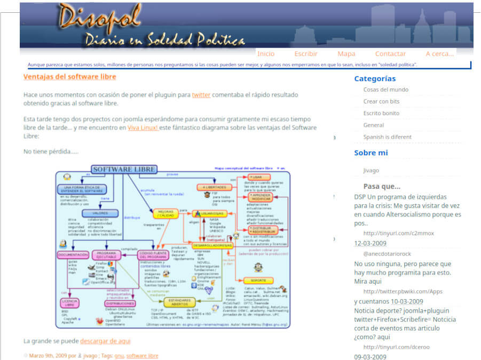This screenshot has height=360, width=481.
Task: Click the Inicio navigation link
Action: click(266, 54)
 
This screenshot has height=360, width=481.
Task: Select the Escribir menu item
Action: click(306, 54)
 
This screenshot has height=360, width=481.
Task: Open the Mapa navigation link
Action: click(346, 54)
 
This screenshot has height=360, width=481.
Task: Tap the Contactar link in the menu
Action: click(390, 54)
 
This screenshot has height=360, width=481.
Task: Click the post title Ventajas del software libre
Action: click(69, 77)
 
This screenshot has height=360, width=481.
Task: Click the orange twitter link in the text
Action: click(201, 95)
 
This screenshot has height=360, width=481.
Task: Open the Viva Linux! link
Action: click(143, 128)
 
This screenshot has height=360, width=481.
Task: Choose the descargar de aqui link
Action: click(105, 341)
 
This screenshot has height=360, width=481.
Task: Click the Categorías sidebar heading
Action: click(375, 79)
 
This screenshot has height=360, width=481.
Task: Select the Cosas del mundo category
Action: click(385, 90)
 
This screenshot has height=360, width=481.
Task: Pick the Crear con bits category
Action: click(381, 101)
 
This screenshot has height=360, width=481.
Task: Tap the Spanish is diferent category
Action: click(387, 137)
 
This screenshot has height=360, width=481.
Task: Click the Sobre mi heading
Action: click(371, 153)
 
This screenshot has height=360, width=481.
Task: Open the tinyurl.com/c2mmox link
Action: click(398, 233)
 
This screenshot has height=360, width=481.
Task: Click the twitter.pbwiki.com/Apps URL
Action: click(403, 291)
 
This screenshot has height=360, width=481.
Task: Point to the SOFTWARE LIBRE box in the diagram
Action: click(124, 170)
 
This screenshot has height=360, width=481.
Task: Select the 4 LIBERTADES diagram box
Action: click(214, 187)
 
